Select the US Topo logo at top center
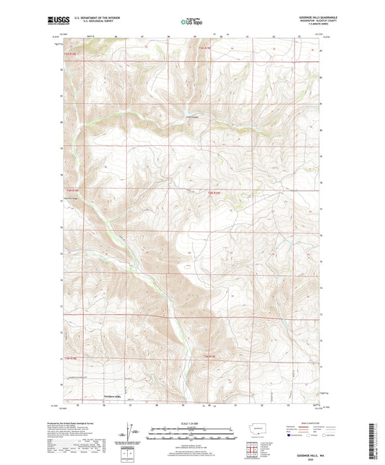[191, 22]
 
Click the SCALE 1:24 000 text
[191, 423]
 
